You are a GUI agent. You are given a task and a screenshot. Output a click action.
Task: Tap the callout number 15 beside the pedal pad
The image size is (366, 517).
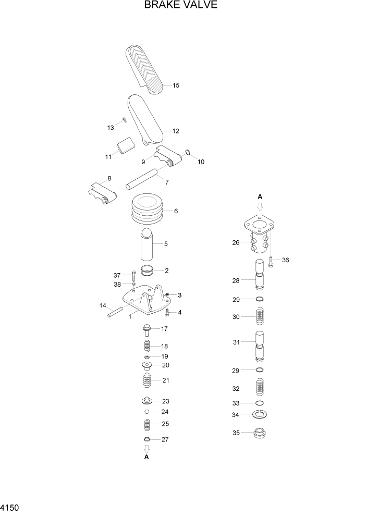point(176,85)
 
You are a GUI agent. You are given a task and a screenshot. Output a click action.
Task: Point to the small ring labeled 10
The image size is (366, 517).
point(189,153)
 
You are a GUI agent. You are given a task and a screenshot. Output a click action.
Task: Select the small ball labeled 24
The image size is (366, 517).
point(148,411)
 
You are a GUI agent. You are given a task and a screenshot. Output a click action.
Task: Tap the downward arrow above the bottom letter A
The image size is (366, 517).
point(147,448)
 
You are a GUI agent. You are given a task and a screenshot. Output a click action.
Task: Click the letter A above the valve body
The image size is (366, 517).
point(260,196)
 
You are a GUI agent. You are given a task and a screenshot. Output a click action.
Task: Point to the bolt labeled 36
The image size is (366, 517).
point(271,261)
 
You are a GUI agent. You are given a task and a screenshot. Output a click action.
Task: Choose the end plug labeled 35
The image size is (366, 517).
point(260,433)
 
